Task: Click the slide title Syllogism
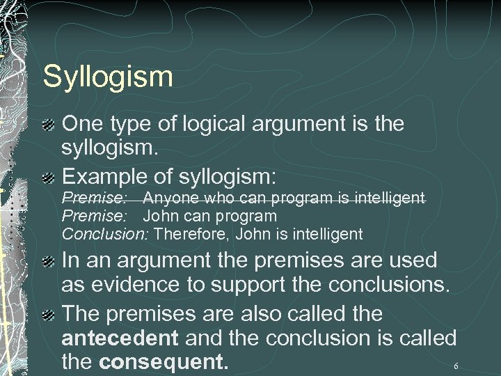pyautogui.click(x=107, y=77)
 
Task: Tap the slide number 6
pyautogui.click(x=456, y=366)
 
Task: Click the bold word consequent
pyautogui.click(x=164, y=363)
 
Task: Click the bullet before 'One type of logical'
pyautogui.click(x=49, y=125)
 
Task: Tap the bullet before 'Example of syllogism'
pyautogui.click(x=49, y=175)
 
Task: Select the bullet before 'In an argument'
pyautogui.click(x=49, y=262)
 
